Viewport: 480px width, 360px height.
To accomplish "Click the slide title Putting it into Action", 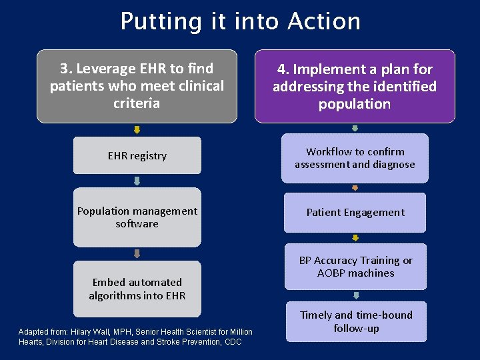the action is (240, 22).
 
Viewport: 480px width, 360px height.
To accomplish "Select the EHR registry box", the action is (137, 155).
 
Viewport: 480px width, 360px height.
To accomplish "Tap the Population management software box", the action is (137, 217).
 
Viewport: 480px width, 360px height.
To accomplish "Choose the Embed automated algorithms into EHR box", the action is (137, 289).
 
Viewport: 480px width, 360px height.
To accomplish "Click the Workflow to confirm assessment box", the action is (355, 158).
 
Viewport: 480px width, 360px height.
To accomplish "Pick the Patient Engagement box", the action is (355, 213).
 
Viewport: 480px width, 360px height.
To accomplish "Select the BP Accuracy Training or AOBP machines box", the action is (355, 267).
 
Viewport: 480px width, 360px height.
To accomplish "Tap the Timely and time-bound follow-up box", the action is (356, 321).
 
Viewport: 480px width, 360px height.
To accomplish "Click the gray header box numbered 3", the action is (137, 86).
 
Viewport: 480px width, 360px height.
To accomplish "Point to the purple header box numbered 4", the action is (355, 86).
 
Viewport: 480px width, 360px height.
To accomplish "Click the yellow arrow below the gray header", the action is (137, 130).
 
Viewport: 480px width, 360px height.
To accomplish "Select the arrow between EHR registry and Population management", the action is (137, 181).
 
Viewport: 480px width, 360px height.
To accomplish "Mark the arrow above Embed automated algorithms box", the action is (137, 253).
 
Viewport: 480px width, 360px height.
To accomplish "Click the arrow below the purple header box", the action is (355, 129).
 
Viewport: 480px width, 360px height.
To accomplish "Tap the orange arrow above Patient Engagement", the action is (355, 188).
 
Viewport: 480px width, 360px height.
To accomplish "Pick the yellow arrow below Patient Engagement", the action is (355, 237).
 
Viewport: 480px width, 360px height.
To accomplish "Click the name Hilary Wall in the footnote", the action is (85, 332).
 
